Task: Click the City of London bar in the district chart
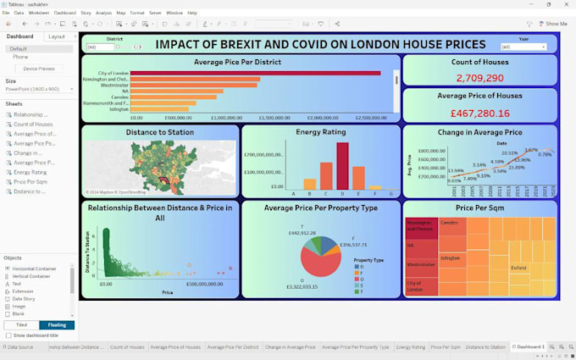point(254,74)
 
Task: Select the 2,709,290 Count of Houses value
point(479,78)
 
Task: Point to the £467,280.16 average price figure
point(479,113)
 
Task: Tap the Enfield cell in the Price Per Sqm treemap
point(518,267)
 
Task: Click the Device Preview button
point(38,69)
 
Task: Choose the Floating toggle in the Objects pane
point(57,325)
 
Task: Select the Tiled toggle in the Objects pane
point(21,325)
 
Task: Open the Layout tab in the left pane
point(57,36)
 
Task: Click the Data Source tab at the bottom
point(19,347)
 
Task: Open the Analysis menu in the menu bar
point(103,13)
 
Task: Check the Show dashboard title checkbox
point(8,335)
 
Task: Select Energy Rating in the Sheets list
point(30,172)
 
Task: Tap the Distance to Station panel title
point(160,132)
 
